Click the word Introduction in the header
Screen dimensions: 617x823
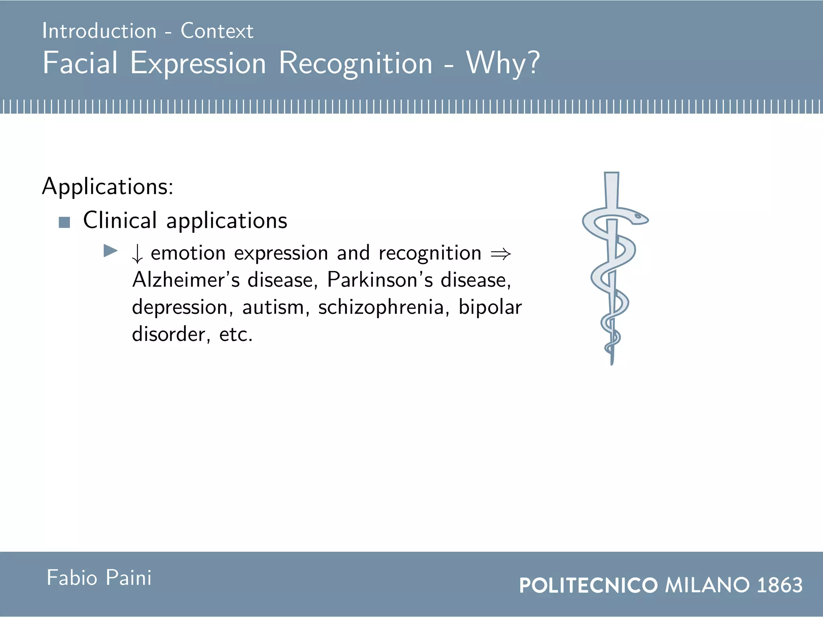point(99,31)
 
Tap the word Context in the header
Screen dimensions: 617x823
point(217,31)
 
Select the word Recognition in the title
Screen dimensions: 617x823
point(355,63)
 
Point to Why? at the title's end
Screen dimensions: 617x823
point(503,63)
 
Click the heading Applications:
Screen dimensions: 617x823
point(108,187)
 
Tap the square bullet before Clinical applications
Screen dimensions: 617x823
point(64,222)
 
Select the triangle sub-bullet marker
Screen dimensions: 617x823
point(110,251)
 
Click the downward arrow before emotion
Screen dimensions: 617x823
point(137,254)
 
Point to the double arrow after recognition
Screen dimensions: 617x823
point(501,254)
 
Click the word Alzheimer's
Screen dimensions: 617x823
point(186,280)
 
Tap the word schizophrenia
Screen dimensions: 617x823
point(381,307)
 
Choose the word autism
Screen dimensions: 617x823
point(273,307)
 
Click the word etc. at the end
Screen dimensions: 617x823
point(236,334)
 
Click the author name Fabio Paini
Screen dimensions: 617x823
point(99,578)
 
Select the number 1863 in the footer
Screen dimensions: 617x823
point(780,585)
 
